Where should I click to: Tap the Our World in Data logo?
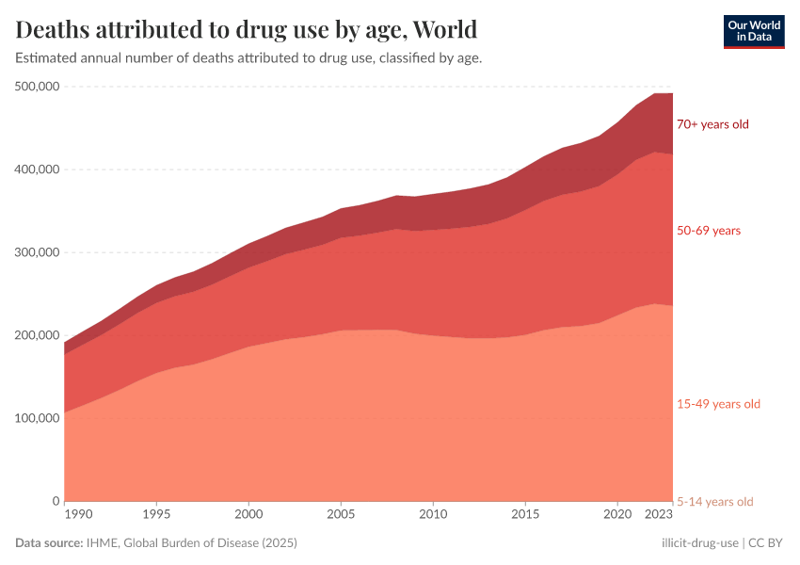tap(753, 31)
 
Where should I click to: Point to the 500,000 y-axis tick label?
tap(38, 87)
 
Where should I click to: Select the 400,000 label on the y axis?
tap(38, 169)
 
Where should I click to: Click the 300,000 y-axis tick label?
tap(38, 252)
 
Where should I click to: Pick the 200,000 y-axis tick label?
tap(38, 335)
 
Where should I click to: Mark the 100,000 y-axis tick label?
tap(38, 418)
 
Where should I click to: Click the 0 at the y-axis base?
tap(56, 501)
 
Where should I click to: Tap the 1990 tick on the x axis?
tap(78, 515)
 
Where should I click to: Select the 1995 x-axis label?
tap(156, 515)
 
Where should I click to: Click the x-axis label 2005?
tap(341, 515)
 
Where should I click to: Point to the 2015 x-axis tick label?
tap(525, 515)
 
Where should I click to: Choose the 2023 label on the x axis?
tap(658, 515)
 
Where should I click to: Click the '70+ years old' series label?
tap(712, 124)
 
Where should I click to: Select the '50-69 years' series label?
tap(709, 231)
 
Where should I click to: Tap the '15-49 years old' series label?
tap(718, 404)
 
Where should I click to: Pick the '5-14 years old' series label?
tap(715, 501)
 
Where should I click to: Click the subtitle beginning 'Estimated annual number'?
tap(249, 58)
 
